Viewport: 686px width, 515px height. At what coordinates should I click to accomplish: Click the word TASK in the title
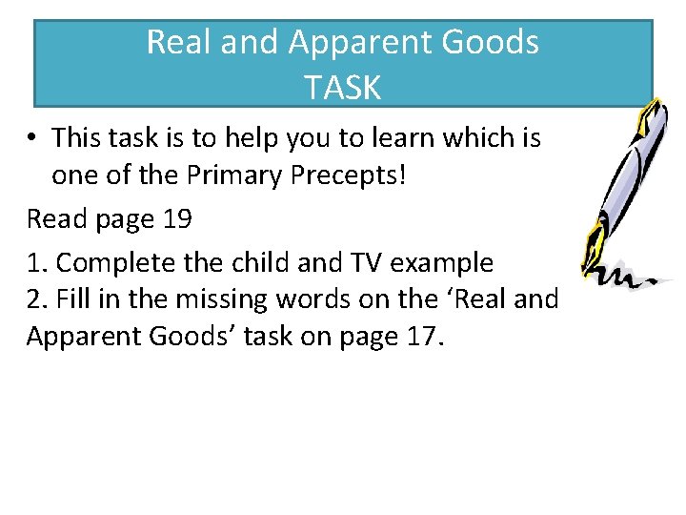(343, 88)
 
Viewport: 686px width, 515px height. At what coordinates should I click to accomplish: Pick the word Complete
(106, 260)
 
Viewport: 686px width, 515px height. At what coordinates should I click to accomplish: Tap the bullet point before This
(32, 139)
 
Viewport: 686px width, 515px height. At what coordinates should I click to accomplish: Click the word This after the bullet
(80, 138)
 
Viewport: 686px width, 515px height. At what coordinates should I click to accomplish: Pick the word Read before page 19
(55, 219)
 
